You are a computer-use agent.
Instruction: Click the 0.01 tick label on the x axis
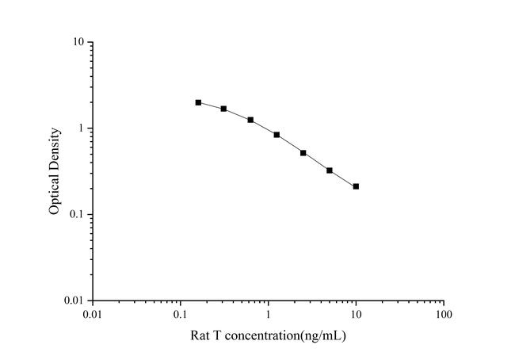tap(93, 315)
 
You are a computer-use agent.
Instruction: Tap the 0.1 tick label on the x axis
tap(181, 315)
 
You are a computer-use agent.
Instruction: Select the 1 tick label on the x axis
tap(269, 315)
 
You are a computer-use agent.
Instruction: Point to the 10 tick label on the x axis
tap(356, 315)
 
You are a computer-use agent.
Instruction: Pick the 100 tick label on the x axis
tap(444, 315)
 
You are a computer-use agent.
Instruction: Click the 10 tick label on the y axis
tap(78, 41)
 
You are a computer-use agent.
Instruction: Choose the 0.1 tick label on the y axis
tap(78, 214)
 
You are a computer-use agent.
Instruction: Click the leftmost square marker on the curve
tap(198, 102)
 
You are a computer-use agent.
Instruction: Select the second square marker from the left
tap(224, 109)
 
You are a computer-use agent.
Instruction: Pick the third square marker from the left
tap(250, 120)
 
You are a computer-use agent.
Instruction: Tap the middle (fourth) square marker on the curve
tap(277, 135)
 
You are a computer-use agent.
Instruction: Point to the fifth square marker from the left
tap(303, 153)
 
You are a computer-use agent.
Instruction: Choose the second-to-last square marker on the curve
tap(330, 170)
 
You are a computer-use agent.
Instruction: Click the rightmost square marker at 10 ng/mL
tap(356, 186)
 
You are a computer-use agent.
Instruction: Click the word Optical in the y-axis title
tap(55, 193)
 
